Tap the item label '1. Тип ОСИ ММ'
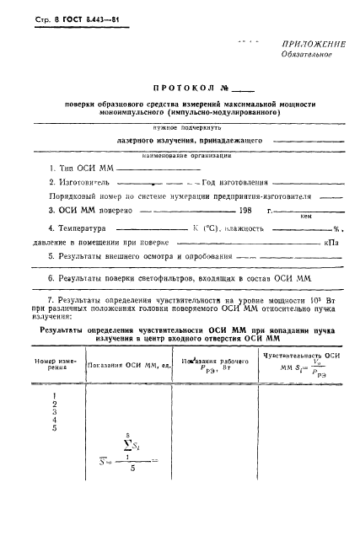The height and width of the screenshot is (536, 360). [x=80, y=168]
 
